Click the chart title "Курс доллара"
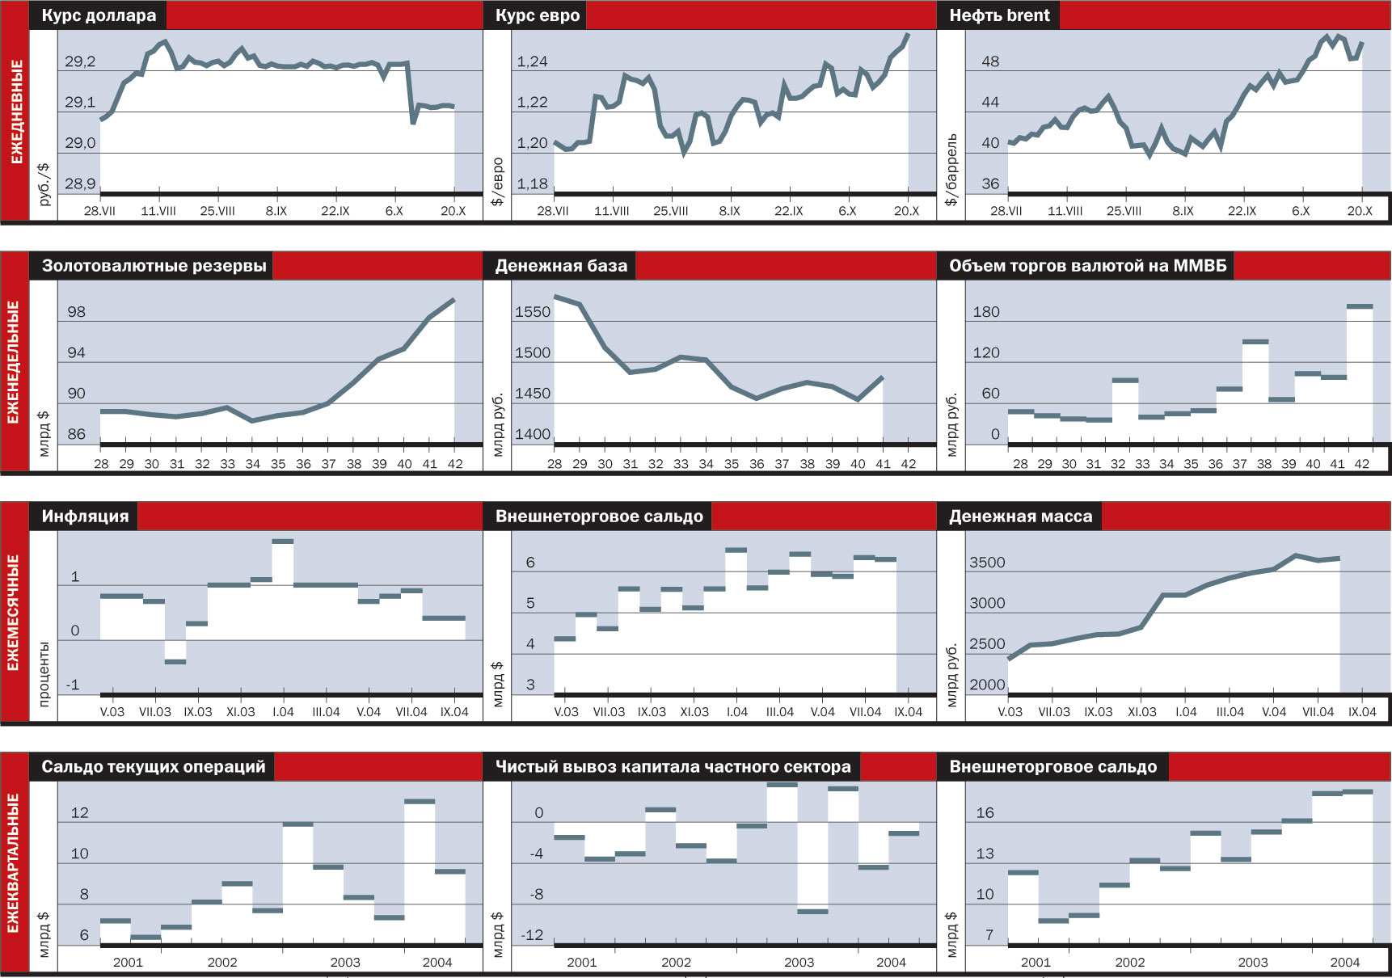99,15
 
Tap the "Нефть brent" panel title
999,15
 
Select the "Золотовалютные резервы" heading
154,266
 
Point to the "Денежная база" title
561,266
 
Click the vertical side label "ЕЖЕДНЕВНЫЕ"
16,112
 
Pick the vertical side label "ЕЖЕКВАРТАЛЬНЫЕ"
14,862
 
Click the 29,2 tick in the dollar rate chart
80,61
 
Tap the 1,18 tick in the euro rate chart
532,183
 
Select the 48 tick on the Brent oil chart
990,61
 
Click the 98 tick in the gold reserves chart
76,312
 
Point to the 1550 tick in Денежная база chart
532,312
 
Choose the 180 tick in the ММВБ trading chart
986,312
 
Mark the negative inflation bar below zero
175,651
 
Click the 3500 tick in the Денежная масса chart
987,563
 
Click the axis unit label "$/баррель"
951,170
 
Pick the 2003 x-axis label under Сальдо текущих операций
345,962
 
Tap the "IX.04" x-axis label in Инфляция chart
454,712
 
